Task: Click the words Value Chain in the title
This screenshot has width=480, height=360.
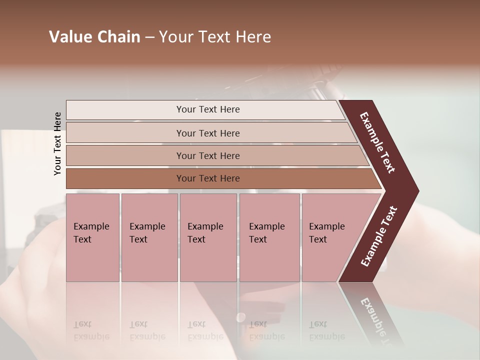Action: pos(94,37)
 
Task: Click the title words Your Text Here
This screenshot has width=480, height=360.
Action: pos(215,37)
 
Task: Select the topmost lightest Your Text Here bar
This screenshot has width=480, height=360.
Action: pos(208,109)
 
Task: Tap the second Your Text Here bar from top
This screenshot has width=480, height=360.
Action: pos(208,133)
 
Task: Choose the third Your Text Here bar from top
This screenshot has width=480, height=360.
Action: pos(208,156)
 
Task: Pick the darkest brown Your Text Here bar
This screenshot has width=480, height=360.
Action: pos(208,178)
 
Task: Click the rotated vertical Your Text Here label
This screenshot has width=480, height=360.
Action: pos(57,143)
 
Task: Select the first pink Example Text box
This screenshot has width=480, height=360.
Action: pos(92,237)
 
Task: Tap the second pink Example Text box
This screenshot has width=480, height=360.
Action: pos(149,237)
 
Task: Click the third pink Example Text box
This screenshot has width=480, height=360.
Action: pos(208,237)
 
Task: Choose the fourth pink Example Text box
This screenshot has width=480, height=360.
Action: pos(269,237)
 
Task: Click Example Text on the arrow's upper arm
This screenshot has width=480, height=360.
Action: pos(378,142)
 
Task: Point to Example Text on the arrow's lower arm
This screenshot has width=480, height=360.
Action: pos(379,236)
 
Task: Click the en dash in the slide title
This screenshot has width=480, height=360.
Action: pos(149,37)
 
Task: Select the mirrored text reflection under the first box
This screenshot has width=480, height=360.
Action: pos(91,330)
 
